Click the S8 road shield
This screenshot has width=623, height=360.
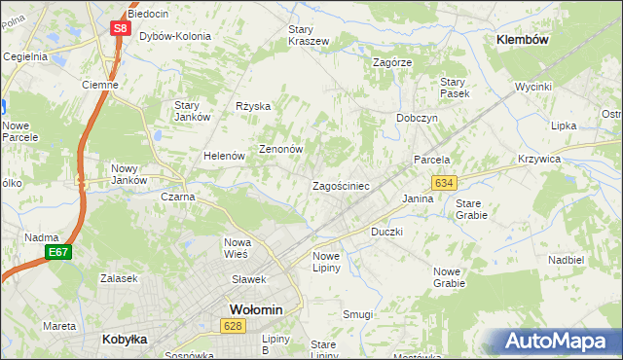(119, 28)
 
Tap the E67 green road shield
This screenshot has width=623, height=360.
(58, 253)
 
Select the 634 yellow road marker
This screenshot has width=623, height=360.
(445, 183)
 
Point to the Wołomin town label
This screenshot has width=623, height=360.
(256, 309)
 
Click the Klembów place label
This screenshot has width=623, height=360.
(523, 40)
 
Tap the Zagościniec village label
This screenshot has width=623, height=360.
(340, 185)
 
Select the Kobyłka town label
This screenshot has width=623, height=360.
(125, 340)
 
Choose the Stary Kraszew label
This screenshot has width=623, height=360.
(309, 35)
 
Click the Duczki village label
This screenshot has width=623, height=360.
(386, 233)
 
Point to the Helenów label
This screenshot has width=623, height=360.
(222, 156)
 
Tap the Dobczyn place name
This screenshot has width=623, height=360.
(418, 117)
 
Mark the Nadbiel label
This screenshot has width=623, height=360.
(566, 261)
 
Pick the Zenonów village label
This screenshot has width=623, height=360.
(281, 150)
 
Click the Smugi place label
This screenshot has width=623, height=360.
(357, 314)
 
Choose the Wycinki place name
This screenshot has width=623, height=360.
(533, 87)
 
